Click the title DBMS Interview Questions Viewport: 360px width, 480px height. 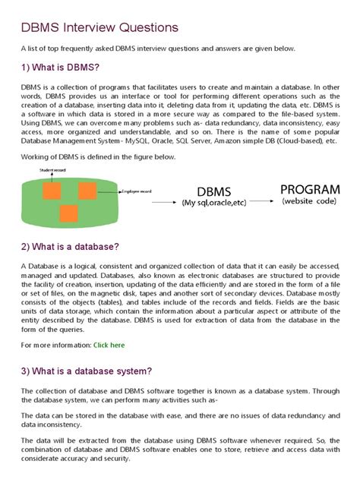(99, 28)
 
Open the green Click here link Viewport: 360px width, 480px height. (109, 345)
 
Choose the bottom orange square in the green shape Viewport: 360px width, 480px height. (69, 214)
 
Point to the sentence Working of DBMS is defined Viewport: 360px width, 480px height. (99, 157)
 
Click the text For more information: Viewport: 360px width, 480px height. (55, 345)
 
